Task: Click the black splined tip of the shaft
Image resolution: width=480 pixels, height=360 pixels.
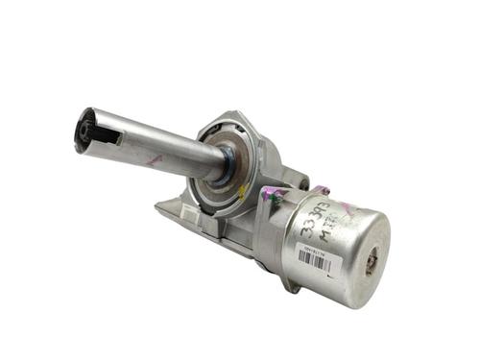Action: pos(84,131)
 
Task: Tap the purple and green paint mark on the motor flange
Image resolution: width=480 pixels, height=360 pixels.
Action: pos(275,200)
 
